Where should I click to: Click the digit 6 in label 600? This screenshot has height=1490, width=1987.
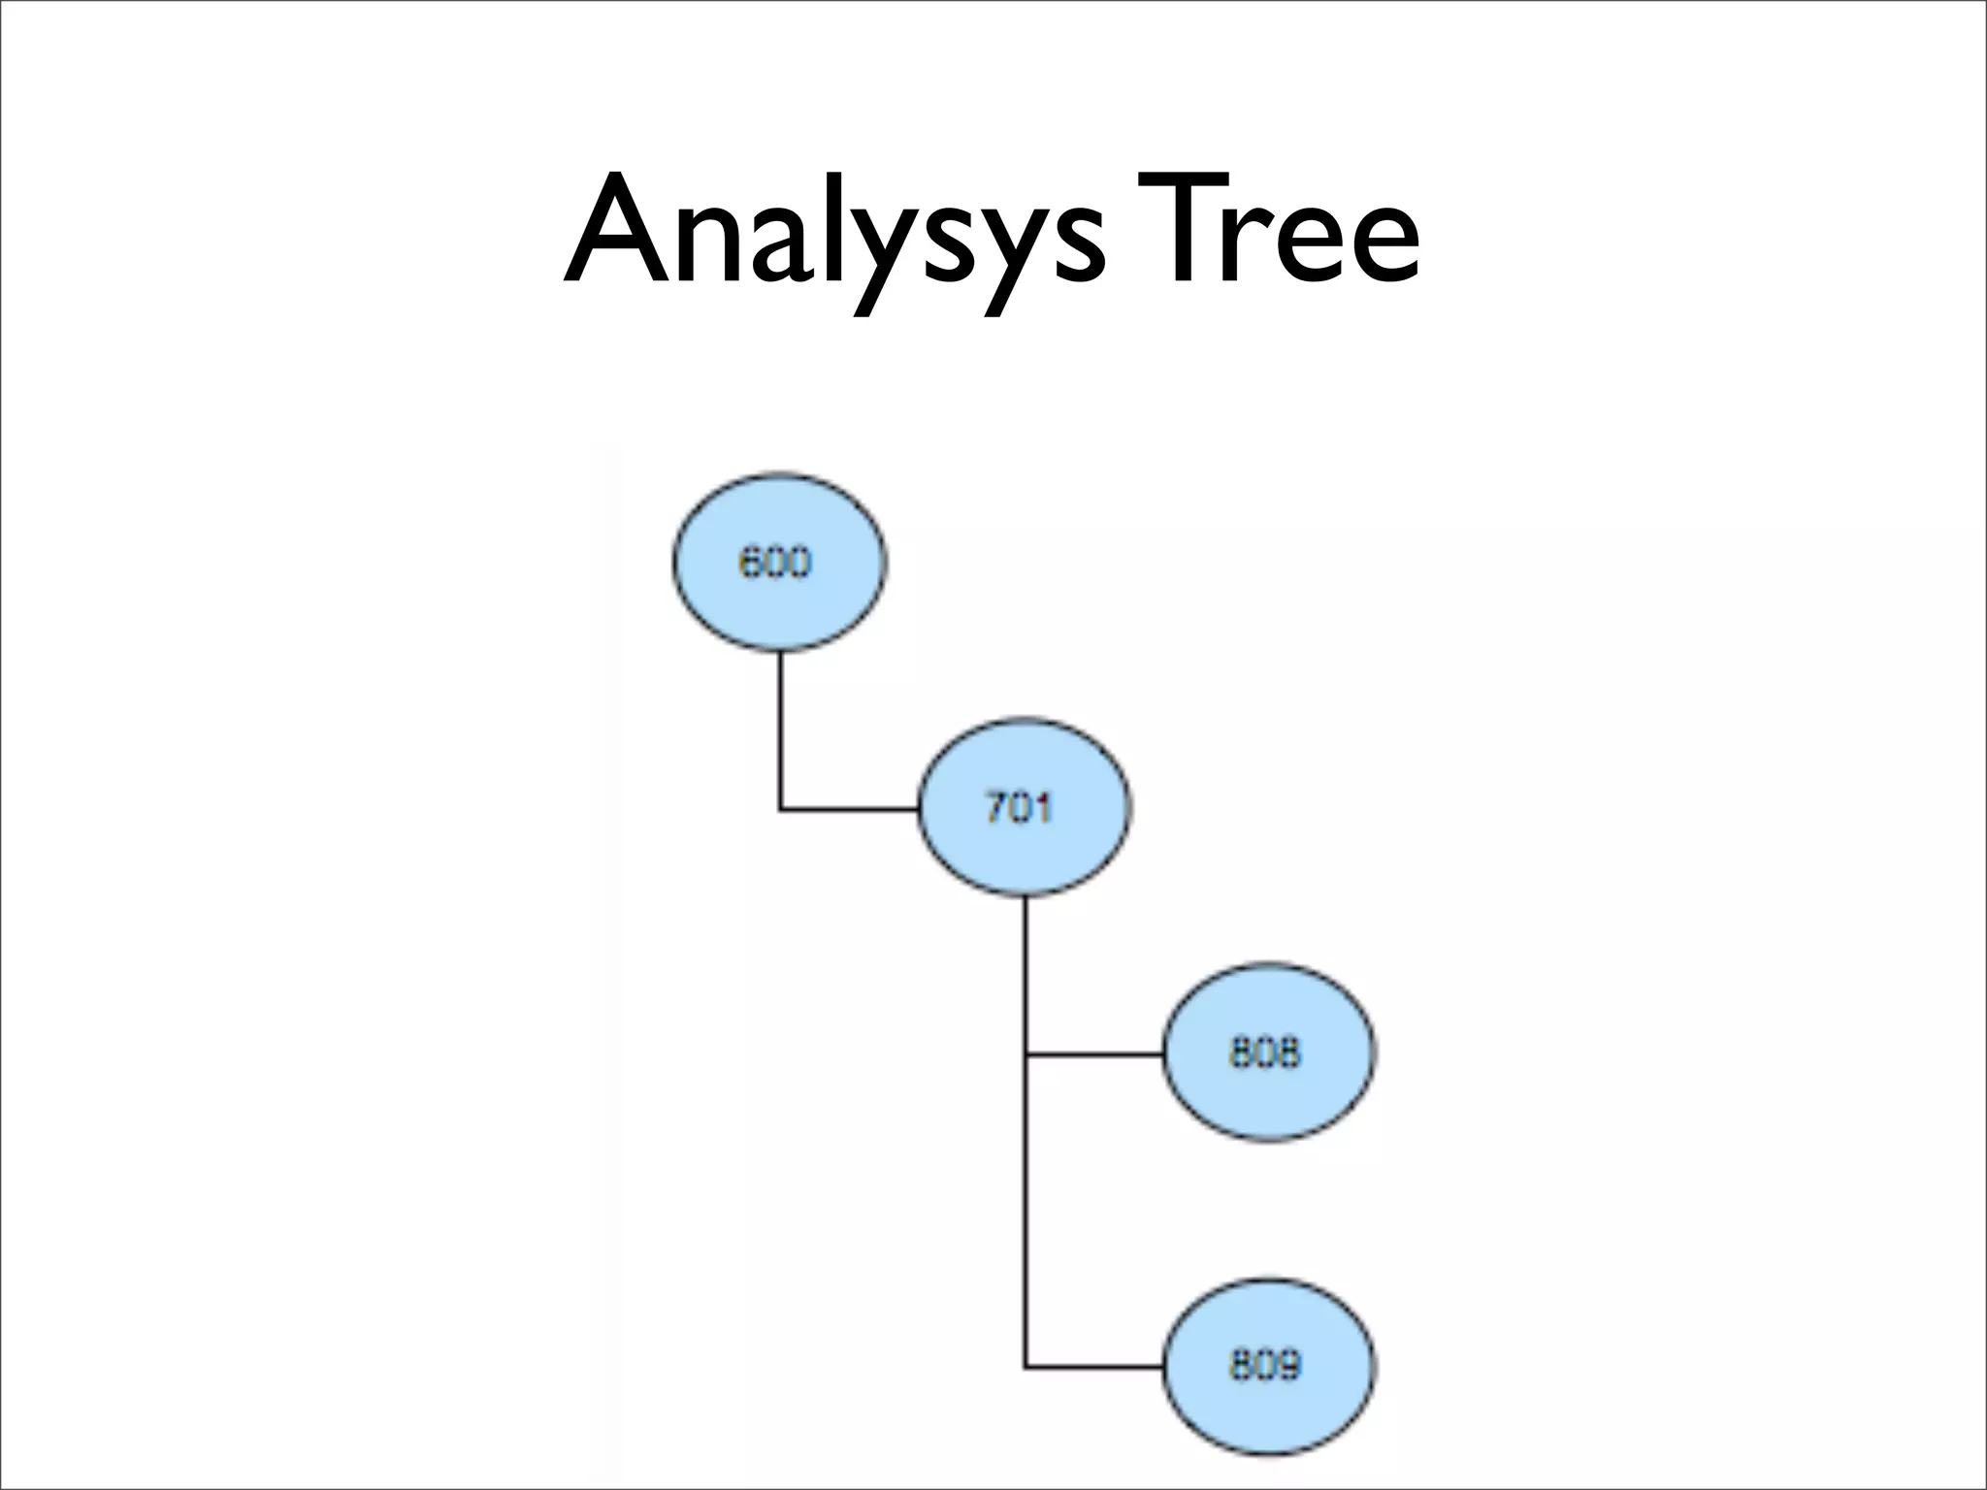pos(750,563)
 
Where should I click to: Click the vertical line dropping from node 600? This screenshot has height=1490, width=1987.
pos(780,728)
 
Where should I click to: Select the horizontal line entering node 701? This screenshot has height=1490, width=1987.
pos(850,808)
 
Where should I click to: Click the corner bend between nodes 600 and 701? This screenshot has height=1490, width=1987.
pos(780,808)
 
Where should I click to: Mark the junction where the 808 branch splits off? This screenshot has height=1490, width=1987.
pos(1026,1053)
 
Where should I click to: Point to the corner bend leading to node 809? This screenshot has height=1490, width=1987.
pos(1026,1367)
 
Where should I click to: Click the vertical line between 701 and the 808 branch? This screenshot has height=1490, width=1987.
pos(1026,975)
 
